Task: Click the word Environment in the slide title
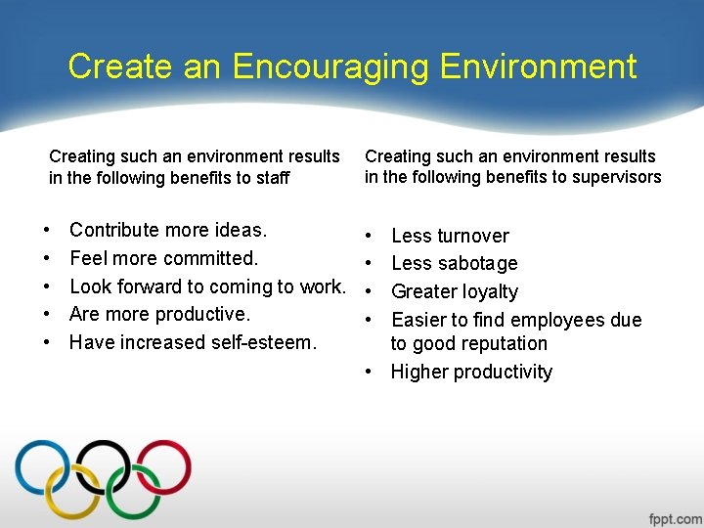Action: [x=538, y=66]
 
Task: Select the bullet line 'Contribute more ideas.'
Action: [x=168, y=230]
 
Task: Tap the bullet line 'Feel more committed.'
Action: [x=163, y=258]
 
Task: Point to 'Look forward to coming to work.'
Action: [x=207, y=286]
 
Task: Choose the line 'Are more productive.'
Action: [x=160, y=314]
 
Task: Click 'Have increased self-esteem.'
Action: [x=193, y=342]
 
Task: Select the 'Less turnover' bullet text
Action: [x=450, y=236]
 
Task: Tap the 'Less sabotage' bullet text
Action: [x=454, y=263]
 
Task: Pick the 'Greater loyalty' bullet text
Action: [x=455, y=291]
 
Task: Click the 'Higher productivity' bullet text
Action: [x=471, y=372]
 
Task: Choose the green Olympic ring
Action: [x=133, y=494]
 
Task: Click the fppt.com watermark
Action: [x=675, y=517]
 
